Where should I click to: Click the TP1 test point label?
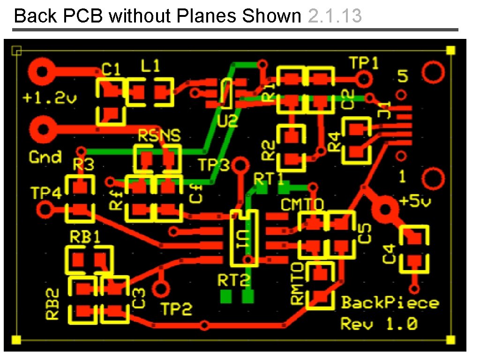[364, 63]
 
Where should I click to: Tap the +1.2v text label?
[50, 98]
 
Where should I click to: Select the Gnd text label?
[45, 157]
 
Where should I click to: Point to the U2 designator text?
[228, 122]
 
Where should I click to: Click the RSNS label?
[159, 136]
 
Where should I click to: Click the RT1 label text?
[269, 178]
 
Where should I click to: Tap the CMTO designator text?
[302, 204]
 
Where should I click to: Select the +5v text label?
[414, 202]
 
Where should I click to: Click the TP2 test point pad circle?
[162, 288]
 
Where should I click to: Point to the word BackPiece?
[390, 302]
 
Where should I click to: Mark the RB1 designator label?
[85, 237]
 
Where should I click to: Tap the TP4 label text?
[46, 193]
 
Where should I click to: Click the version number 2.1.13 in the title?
[335, 16]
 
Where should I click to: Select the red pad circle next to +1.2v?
[41, 72]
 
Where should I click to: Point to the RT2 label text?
[234, 280]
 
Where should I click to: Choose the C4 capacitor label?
[390, 254]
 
